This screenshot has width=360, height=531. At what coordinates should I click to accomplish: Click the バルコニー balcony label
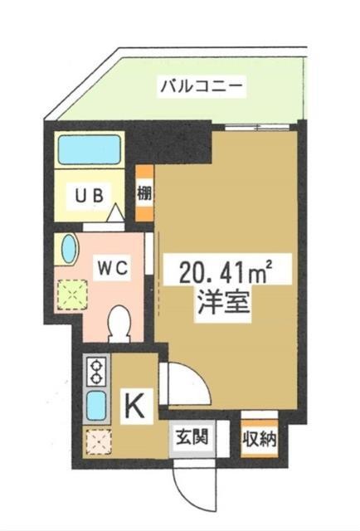[x=202, y=86]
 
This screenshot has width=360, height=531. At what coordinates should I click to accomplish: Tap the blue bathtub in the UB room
[x=90, y=149]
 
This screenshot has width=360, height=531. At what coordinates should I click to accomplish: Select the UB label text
[x=89, y=196]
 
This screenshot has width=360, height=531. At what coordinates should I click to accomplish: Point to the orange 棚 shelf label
[x=144, y=193]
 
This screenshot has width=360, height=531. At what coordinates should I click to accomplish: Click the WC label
[x=113, y=268]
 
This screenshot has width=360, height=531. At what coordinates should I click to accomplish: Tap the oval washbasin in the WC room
[x=69, y=249]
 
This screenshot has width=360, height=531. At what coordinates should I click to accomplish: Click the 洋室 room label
[x=224, y=302]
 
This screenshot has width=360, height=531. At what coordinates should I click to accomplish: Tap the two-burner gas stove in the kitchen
[x=97, y=372]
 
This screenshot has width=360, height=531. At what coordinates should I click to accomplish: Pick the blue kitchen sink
[x=97, y=405]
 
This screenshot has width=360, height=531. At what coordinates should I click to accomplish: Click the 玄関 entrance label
[x=192, y=439]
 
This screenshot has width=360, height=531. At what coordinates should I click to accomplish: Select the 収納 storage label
[x=259, y=440]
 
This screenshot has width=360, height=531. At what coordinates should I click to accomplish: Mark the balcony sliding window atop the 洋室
[x=257, y=127]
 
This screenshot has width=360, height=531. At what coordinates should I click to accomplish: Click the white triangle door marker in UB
[x=116, y=212]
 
